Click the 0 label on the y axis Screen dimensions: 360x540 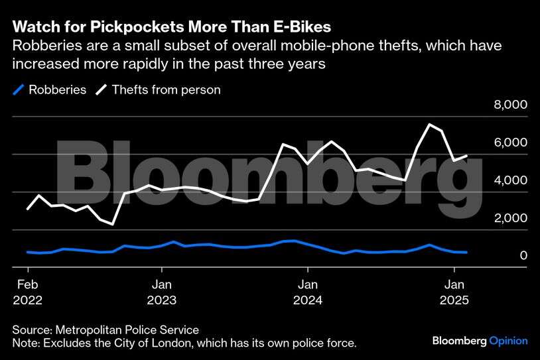pos(523,256)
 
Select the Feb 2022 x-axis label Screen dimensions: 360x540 pos(28,292)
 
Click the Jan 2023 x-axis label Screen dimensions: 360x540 pos(161,292)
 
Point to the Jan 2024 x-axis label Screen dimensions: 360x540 pos(307,292)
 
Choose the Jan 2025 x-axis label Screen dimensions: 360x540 pos(454,292)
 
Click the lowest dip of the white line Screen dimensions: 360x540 pos(113,224)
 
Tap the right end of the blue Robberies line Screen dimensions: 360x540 pos(466,253)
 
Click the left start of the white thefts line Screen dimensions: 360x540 pos(27,209)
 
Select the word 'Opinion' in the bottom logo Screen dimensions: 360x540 pos(508,341)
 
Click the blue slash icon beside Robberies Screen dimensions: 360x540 pos(19,89)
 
